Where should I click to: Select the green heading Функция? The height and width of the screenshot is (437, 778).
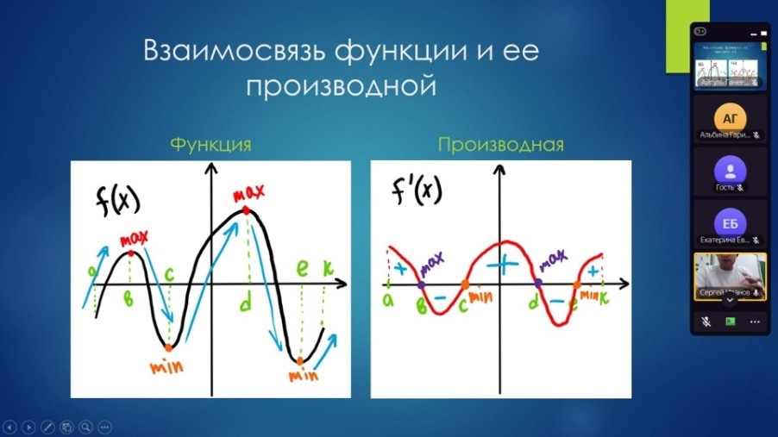pyautogui.click(x=210, y=144)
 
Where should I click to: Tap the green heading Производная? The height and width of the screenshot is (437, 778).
pyautogui.click(x=500, y=145)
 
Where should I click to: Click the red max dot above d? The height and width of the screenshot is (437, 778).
pyautogui.click(x=247, y=210)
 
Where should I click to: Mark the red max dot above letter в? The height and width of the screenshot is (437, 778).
pyautogui.click(x=130, y=253)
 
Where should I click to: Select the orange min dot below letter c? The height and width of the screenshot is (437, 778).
pyautogui.click(x=168, y=348)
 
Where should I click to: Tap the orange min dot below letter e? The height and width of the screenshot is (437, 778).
pyautogui.click(x=299, y=360)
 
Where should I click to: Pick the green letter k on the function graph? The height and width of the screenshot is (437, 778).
pyautogui.click(x=327, y=269)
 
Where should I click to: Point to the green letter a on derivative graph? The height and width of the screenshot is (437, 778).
pyautogui.click(x=388, y=299)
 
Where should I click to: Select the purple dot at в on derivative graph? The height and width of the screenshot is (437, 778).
pyautogui.click(x=421, y=284)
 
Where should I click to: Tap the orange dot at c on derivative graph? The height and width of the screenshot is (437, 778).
pyautogui.click(x=465, y=284)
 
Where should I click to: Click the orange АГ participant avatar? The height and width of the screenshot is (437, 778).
pyautogui.click(x=731, y=116)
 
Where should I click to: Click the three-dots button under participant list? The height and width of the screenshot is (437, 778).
pyautogui.click(x=756, y=322)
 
